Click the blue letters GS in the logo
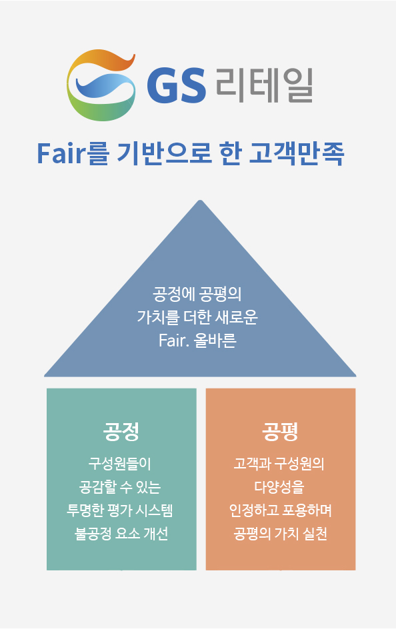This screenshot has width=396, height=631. coord(177,85)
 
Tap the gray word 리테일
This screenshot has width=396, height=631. coord(265,85)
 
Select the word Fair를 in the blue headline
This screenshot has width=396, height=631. coord(73,153)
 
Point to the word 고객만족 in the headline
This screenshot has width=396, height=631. coord(297,153)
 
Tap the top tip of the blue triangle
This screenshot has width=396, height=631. coord(201,200)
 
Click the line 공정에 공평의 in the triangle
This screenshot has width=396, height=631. coord(197,294)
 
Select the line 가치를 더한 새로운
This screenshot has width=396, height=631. coord(197,317)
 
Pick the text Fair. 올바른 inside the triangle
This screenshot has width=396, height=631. coord(197,340)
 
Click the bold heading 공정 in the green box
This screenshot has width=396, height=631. coord(121,431)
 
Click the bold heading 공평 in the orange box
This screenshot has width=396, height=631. coord(280,431)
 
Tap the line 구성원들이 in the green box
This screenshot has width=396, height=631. coord(120,464)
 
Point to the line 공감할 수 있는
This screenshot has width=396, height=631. coord(120,487)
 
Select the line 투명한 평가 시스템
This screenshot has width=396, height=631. coord(120,510)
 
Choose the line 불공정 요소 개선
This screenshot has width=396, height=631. coord(121,534)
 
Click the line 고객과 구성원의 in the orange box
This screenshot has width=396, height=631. coord(279,464)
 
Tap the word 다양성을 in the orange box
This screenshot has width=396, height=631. coord(279,487)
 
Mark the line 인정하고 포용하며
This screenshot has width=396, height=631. coord(281,510)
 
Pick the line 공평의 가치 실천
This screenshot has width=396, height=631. coord(280,534)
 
